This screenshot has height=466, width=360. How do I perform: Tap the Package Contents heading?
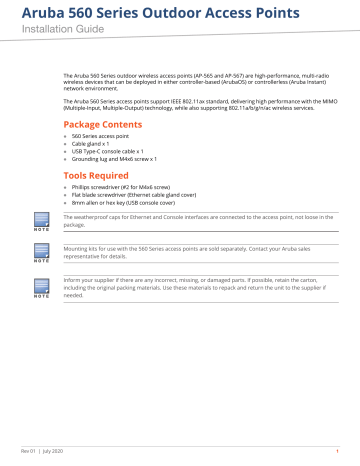[x=102, y=124]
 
